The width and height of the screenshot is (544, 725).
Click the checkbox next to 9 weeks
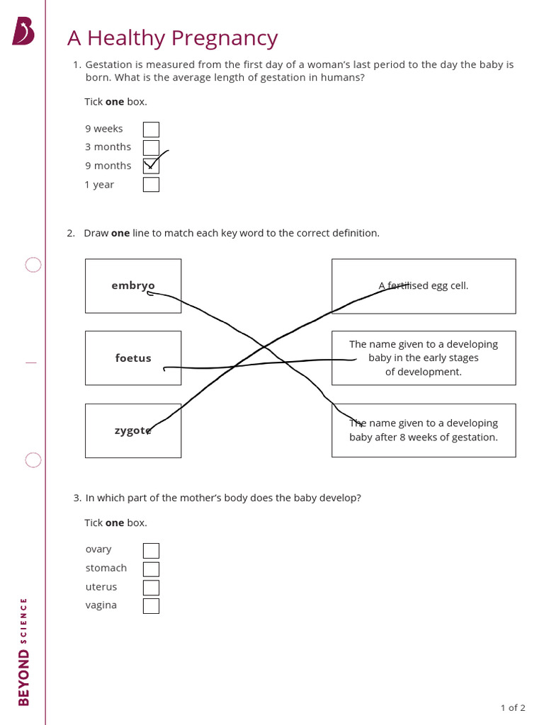[x=151, y=130]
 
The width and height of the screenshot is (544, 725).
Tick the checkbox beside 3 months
[x=151, y=148]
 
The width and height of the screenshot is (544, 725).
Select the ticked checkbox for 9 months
[x=151, y=166]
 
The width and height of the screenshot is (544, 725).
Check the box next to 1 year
[x=151, y=185]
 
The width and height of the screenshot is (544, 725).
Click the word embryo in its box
[x=132, y=286]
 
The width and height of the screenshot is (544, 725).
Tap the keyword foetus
[x=133, y=358]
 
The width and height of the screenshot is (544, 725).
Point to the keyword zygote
[x=132, y=430]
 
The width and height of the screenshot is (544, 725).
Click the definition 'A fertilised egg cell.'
[x=424, y=286]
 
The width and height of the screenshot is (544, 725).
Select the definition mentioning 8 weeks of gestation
[x=424, y=430]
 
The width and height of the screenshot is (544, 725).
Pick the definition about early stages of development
[x=424, y=358]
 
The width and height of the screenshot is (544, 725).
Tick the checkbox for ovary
[x=151, y=551]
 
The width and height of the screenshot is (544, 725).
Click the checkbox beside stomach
[x=151, y=569]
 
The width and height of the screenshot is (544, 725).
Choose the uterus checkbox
[x=151, y=588]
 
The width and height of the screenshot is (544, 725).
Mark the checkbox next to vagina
[x=151, y=606]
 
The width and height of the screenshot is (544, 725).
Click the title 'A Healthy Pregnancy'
[x=172, y=38]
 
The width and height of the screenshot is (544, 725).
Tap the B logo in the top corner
[x=23, y=31]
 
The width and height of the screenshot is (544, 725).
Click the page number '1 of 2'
[x=513, y=707]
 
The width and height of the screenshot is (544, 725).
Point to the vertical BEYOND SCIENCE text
[x=23, y=651]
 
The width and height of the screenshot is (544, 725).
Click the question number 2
[x=71, y=233]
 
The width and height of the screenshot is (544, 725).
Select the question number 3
[x=77, y=498]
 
